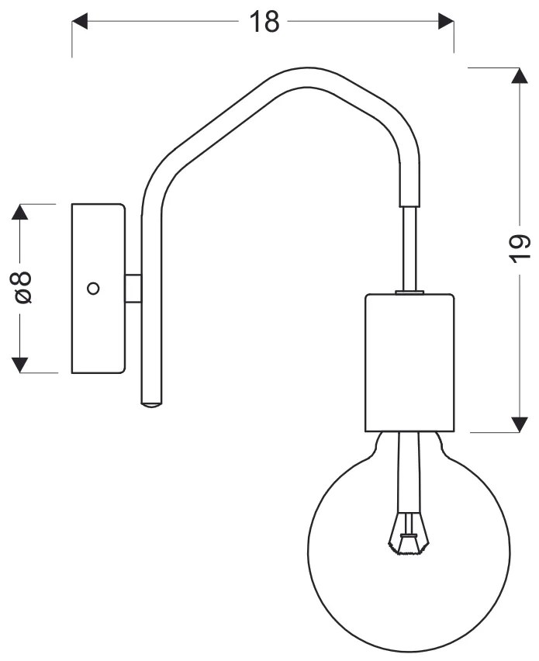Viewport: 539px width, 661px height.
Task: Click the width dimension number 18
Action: [264, 22]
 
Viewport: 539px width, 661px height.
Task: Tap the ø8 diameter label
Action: [22, 288]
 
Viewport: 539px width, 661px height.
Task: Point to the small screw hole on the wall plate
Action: [93, 288]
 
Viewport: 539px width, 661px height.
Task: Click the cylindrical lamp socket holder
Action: [408, 362]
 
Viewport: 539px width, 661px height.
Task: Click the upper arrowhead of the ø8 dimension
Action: [21, 213]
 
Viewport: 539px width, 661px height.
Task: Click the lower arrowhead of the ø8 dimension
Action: [21, 363]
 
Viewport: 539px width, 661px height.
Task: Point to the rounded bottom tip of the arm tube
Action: [151, 403]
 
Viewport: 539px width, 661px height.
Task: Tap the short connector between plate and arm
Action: [133, 288]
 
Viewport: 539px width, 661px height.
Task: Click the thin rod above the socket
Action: [409, 248]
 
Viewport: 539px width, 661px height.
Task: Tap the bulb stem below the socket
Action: [409, 465]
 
